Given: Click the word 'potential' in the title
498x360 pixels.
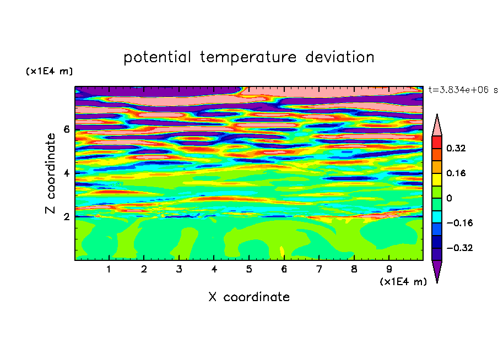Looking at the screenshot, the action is point(157,57).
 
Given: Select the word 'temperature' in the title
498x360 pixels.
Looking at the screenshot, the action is point(248,57).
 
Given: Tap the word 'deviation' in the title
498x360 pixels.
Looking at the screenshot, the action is point(339,57).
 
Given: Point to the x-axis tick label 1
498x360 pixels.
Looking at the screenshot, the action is point(109,269).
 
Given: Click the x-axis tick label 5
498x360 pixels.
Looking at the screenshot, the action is point(249,269).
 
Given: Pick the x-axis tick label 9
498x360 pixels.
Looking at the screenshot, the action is point(389,269).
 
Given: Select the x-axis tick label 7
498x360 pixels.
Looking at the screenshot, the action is point(319,269).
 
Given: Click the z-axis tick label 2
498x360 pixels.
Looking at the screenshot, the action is point(66,216).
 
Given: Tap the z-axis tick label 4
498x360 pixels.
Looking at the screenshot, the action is point(66,173).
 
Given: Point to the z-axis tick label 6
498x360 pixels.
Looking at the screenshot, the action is point(66,129).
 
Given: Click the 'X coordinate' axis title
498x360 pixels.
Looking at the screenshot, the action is point(249,297).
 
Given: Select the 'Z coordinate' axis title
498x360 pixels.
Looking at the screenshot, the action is point(50,173).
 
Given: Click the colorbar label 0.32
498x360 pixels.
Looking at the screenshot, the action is point(456,148).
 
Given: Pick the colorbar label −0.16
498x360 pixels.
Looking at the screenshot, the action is point(459,223).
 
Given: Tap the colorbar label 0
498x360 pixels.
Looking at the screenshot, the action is point(449,198).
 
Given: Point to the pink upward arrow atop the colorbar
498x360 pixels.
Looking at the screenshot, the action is point(437,125).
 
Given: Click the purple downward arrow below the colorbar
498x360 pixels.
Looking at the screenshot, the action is point(437,271).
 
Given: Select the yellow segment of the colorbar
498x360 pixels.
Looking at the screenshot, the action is point(437,179).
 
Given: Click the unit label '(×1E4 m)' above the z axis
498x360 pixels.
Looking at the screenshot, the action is point(49,71).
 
